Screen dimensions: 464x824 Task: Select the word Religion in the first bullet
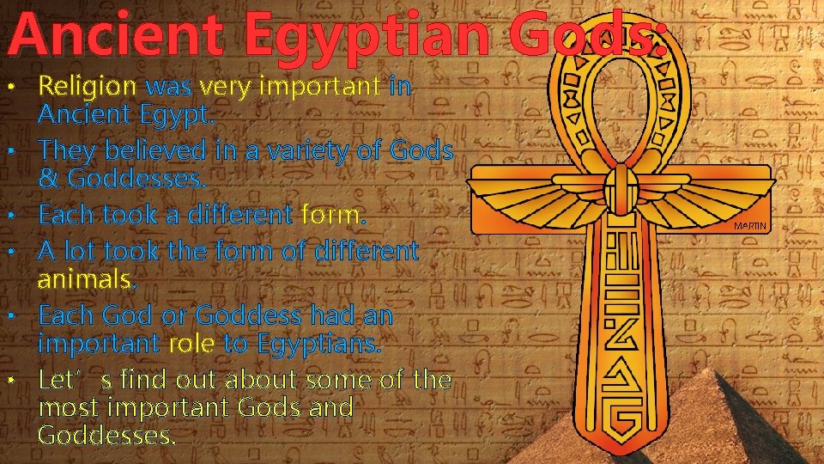(88, 87)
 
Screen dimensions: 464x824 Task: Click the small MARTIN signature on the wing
(753, 226)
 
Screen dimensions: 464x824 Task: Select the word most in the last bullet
(67, 407)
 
